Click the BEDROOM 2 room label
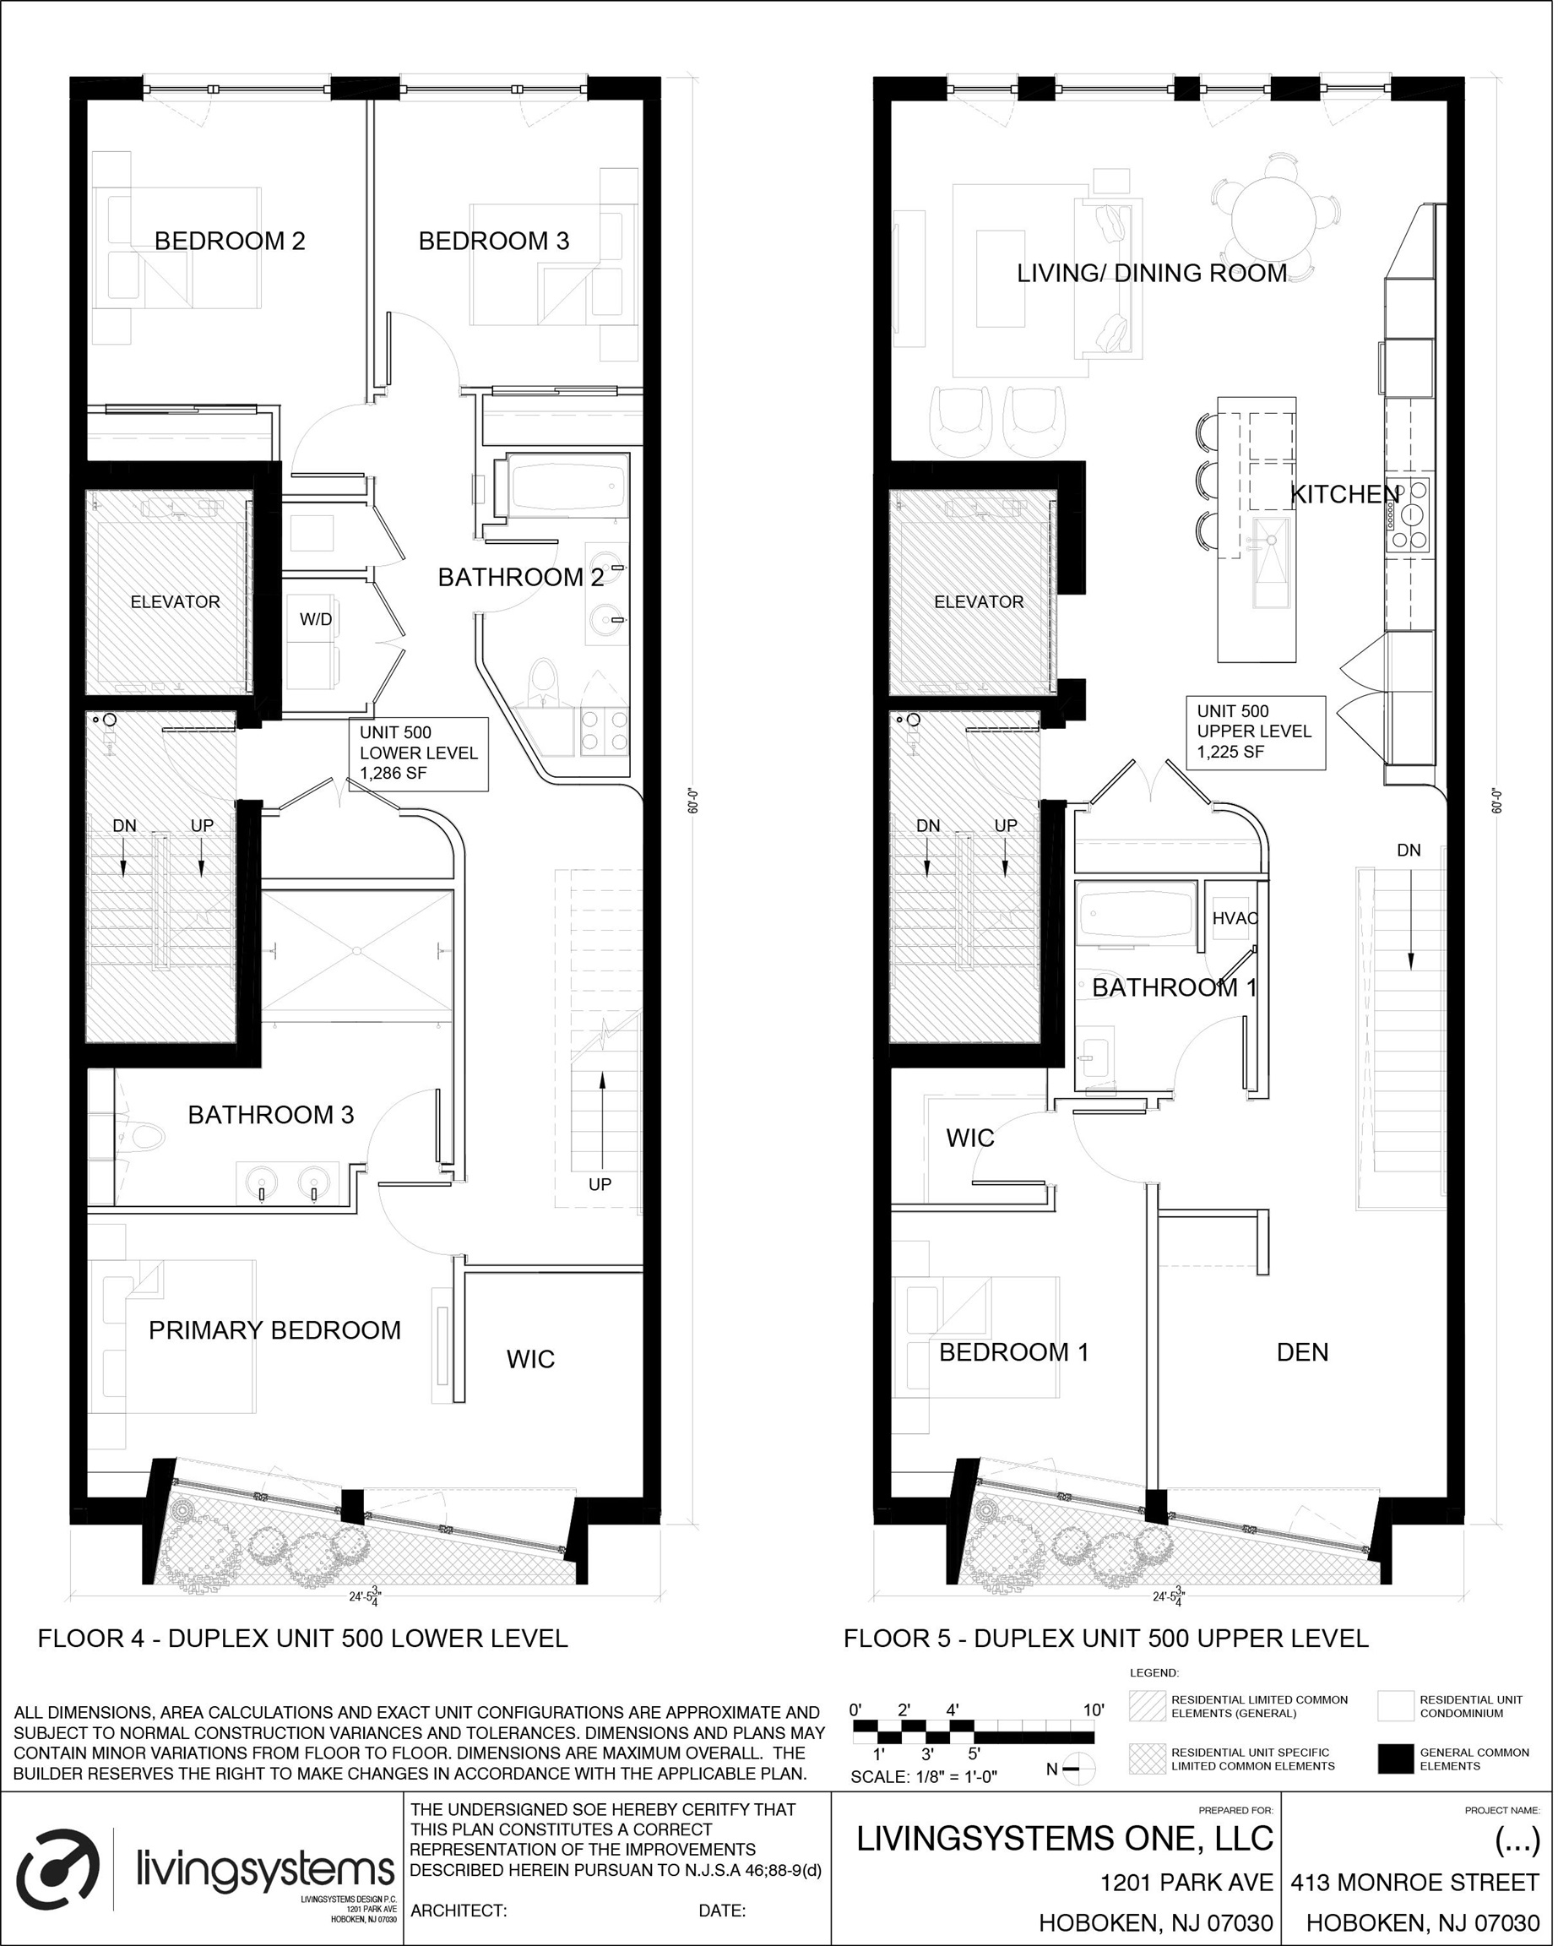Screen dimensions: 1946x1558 pyautogui.click(x=230, y=241)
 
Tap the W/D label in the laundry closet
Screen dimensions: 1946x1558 pyautogui.click(x=315, y=619)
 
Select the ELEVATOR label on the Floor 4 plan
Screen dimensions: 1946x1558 pyautogui.click(x=175, y=602)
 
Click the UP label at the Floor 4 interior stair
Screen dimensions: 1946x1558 pyautogui.click(x=600, y=1184)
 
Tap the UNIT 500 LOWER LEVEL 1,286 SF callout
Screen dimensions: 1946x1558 pyautogui.click(x=419, y=753)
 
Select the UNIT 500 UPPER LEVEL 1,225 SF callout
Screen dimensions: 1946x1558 pyautogui.click(x=1255, y=731)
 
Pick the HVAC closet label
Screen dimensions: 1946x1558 pyautogui.click(x=1233, y=919)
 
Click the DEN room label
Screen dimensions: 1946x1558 pyautogui.click(x=1301, y=1352)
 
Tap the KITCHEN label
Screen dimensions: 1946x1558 pyautogui.click(x=1345, y=494)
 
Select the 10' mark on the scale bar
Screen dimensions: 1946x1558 pyautogui.click(x=1093, y=1710)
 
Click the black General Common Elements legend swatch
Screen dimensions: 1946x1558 pyautogui.click(x=1395, y=1759)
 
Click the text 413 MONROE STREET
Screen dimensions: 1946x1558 pyautogui.click(x=1414, y=1882)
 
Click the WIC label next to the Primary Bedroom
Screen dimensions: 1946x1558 pyautogui.click(x=529, y=1359)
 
